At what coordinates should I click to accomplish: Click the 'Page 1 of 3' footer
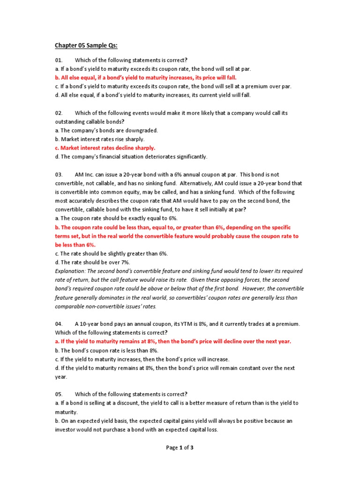tap(180, 448)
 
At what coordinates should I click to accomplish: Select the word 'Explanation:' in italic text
tap(70, 271)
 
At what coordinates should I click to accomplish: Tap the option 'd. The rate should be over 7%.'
tap(92, 262)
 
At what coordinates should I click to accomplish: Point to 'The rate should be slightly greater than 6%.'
tap(111, 254)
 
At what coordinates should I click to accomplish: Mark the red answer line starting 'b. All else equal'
tap(146, 77)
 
